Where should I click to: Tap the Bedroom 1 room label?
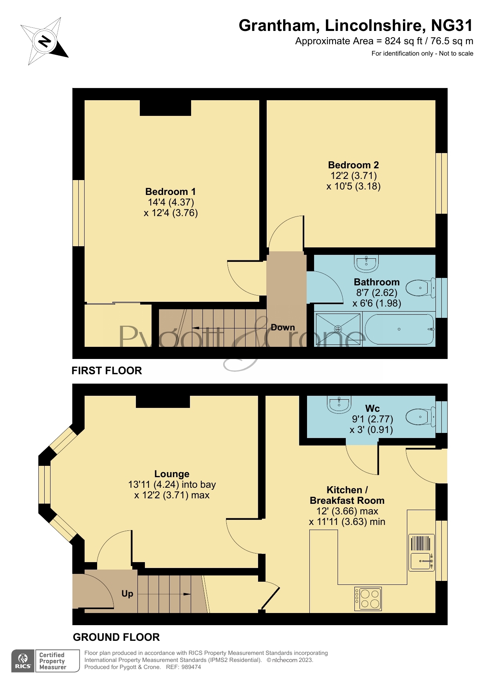coord(170,192)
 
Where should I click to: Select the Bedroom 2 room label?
coord(353,165)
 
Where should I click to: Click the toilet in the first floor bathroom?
coord(420,288)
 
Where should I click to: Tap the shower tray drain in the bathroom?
coord(338,329)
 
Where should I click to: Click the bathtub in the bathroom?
coord(399,329)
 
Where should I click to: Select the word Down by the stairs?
coord(283,327)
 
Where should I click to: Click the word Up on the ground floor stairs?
coord(127,594)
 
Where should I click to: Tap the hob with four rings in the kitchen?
coord(368,599)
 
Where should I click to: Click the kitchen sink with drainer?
coord(421,552)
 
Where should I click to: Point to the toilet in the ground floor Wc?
coord(420,417)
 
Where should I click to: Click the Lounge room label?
coord(172,474)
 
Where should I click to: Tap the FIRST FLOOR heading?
coord(107,370)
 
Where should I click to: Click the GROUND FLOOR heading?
coord(116,637)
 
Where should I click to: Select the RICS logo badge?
coord(23,661)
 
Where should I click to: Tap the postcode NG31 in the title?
coord(452,25)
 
